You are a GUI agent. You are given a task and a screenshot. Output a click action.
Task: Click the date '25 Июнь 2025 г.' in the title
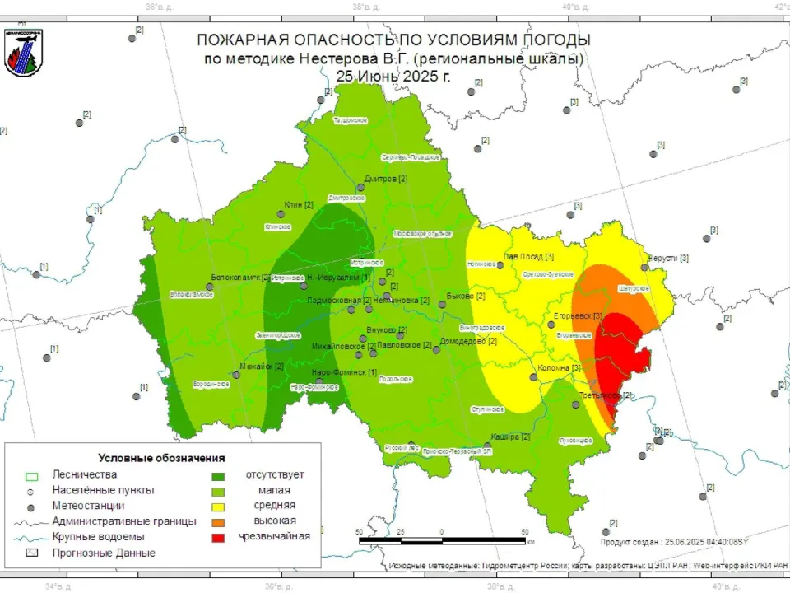[393, 75]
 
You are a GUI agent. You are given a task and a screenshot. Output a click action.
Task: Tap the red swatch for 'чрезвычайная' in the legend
[219, 536]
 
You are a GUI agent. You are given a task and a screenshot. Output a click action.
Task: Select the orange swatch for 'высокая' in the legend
[219, 521]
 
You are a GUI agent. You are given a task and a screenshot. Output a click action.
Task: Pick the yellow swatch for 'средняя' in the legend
[219, 505]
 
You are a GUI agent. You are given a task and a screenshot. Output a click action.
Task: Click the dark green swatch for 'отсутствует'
[219, 475]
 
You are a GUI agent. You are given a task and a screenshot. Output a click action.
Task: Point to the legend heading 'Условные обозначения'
[161, 458]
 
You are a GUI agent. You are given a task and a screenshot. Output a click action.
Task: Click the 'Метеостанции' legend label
[88, 505]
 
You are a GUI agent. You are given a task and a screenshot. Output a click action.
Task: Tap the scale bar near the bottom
[442, 541]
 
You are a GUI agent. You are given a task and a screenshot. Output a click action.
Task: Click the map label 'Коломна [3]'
[559, 368]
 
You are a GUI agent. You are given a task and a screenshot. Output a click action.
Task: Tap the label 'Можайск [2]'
[261, 367]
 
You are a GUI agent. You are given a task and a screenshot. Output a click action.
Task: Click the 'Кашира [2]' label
[510, 437]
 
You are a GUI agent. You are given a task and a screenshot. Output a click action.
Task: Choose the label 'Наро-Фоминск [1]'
[344, 373]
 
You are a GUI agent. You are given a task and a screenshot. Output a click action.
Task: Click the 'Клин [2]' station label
[298, 204]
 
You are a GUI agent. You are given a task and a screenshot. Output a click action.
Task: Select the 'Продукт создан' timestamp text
[673, 541]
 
